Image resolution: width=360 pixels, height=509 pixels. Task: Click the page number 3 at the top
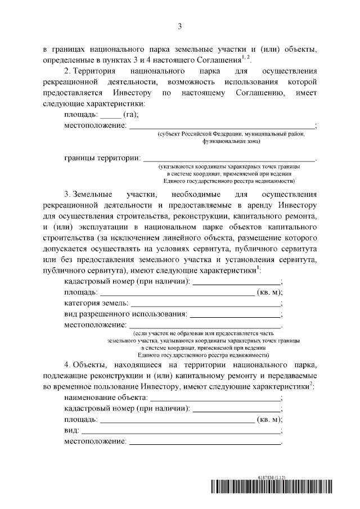point(179,26)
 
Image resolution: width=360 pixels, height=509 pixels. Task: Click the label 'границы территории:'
point(102,157)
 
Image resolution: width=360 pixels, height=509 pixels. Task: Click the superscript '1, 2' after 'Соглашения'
point(245,57)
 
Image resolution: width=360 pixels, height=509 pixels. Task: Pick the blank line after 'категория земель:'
point(203,305)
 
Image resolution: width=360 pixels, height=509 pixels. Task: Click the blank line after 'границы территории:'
point(229,160)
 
